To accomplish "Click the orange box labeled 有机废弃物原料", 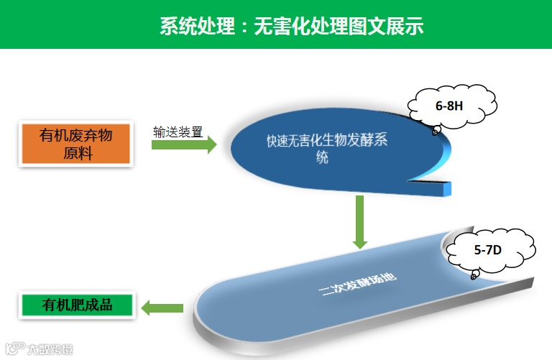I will (76, 144).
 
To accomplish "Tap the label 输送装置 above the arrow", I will (178, 132).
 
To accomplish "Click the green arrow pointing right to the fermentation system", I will (183, 146).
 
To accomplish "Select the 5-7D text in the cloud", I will (489, 251).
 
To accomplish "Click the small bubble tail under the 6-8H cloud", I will (435, 131).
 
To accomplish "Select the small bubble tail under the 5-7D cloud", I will (474, 275).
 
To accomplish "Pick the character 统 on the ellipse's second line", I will (323, 157).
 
